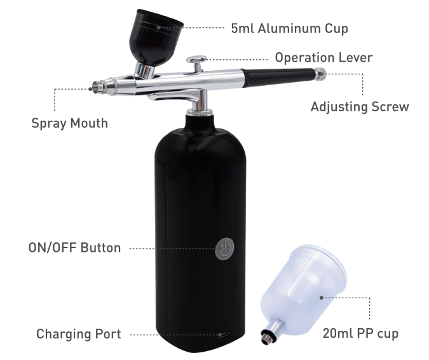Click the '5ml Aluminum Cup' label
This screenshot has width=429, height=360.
tap(289, 29)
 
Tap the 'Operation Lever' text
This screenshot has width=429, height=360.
tap(323, 58)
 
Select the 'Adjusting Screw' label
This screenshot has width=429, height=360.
tap(359, 107)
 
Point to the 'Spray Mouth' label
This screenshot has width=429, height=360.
tap(69, 123)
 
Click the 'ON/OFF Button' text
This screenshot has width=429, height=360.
tap(74, 248)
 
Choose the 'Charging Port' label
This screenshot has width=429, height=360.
tap(78, 334)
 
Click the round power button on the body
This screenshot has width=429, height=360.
tap(223, 249)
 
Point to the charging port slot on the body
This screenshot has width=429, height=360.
tap(223, 334)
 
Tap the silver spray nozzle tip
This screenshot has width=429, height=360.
tap(97, 85)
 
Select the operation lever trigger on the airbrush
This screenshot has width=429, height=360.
tap(196, 60)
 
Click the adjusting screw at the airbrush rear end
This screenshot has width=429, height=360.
tap(323, 74)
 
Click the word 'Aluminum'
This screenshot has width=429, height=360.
tap(290, 29)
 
